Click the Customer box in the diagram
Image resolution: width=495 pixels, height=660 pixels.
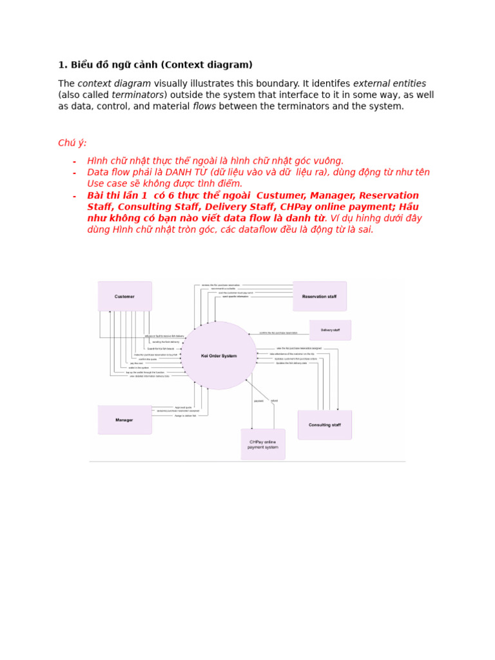click(125, 296)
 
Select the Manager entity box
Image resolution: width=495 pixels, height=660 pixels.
click(124, 420)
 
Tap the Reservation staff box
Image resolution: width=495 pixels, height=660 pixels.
click(319, 296)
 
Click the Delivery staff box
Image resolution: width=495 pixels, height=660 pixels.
click(330, 330)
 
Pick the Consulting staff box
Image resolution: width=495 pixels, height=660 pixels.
click(324, 425)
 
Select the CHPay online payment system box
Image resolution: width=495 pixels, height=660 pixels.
click(263, 444)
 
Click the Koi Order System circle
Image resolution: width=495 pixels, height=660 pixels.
click(219, 356)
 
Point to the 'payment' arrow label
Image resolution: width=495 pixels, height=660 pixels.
click(258, 401)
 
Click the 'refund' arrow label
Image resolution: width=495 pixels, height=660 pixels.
click(275, 401)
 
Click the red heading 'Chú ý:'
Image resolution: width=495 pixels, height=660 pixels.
click(72, 143)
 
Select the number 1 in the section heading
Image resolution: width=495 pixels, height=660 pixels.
click(61, 64)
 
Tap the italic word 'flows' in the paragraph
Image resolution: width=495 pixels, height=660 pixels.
click(204, 106)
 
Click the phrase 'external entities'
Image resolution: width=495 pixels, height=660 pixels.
click(389, 84)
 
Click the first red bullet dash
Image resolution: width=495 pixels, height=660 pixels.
click(74, 161)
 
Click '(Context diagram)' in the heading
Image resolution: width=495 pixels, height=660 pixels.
click(206, 64)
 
